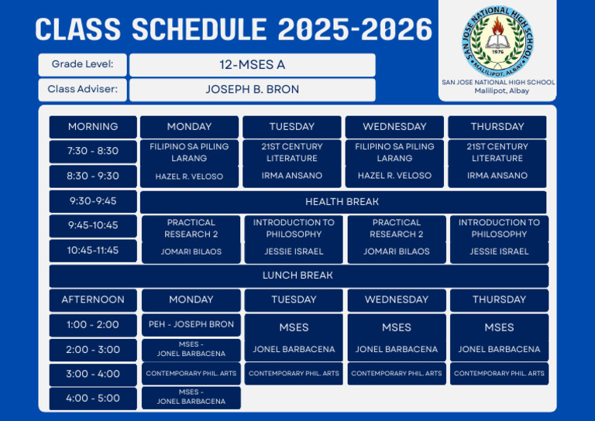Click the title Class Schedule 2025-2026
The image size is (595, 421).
234,29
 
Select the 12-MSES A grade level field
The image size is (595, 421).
252,65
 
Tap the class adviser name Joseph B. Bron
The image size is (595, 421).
252,89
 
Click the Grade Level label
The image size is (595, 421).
83,64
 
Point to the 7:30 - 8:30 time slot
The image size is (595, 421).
93,151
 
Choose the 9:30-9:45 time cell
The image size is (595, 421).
93,201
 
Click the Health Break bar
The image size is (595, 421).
342,202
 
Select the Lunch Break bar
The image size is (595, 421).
297,276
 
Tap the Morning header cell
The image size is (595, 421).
93,127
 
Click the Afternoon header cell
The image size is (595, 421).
93,299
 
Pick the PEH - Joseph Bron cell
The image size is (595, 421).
191,324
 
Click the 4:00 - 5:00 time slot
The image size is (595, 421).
93,399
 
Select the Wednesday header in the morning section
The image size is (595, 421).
394,127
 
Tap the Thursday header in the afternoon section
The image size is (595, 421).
499,299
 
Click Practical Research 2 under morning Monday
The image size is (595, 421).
191,228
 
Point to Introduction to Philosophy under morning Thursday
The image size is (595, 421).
499,228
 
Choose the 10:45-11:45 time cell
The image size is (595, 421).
93,251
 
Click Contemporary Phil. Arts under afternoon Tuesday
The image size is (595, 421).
294,374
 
